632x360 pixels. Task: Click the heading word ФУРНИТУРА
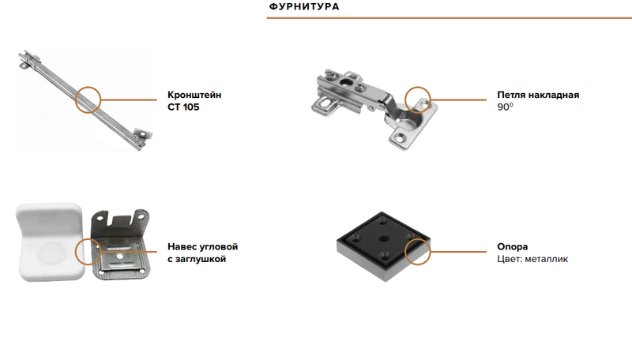pyautogui.click(x=304, y=7)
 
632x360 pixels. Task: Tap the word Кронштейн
pyautogui.click(x=194, y=95)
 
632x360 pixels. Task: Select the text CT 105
pyautogui.click(x=183, y=107)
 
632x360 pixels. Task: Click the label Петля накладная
pyautogui.click(x=538, y=95)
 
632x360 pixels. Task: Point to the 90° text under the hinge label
pyautogui.click(x=505, y=107)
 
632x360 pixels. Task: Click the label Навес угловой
pyautogui.click(x=203, y=247)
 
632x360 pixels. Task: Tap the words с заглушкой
pyautogui.click(x=197, y=259)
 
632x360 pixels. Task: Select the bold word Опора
pyautogui.click(x=512, y=247)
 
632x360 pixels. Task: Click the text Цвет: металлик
pyautogui.click(x=532, y=259)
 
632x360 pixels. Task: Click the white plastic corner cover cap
pyautogui.click(x=50, y=242)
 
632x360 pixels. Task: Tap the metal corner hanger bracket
pyautogui.click(x=120, y=244)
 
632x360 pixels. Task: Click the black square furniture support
pyautogui.click(x=383, y=246)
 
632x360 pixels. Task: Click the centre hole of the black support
pyautogui.click(x=383, y=238)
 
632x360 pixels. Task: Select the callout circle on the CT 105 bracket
pyautogui.click(x=88, y=87)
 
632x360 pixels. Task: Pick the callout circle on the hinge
pyautogui.click(x=418, y=87)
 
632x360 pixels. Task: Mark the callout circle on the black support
pyautogui.click(x=418, y=238)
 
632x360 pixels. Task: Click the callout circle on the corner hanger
pyautogui.click(x=88, y=238)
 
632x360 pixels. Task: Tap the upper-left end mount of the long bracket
pyautogui.click(x=29, y=59)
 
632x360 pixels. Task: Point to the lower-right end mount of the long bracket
pyautogui.click(x=142, y=136)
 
